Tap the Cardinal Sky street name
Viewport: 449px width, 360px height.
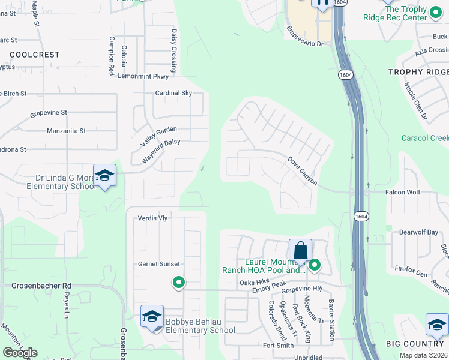[x=173, y=93]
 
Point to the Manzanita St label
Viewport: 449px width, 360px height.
[x=67, y=130]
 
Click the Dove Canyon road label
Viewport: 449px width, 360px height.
[x=302, y=171]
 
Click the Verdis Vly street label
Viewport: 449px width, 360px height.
[x=152, y=218]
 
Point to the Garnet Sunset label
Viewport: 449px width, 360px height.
[x=159, y=264]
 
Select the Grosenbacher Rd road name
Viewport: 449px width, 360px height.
[x=41, y=286]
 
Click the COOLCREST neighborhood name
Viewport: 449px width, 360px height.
[x=35, y=55]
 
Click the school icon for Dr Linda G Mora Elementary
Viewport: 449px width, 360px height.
[x=104, y=176]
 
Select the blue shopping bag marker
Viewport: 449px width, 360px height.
[x=300, y=251]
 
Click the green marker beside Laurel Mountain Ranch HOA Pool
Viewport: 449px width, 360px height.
[x=313, y=265]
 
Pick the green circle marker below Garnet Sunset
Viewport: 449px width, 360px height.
[x=178, y=282]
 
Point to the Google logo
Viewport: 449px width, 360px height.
[x=20, y=353]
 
